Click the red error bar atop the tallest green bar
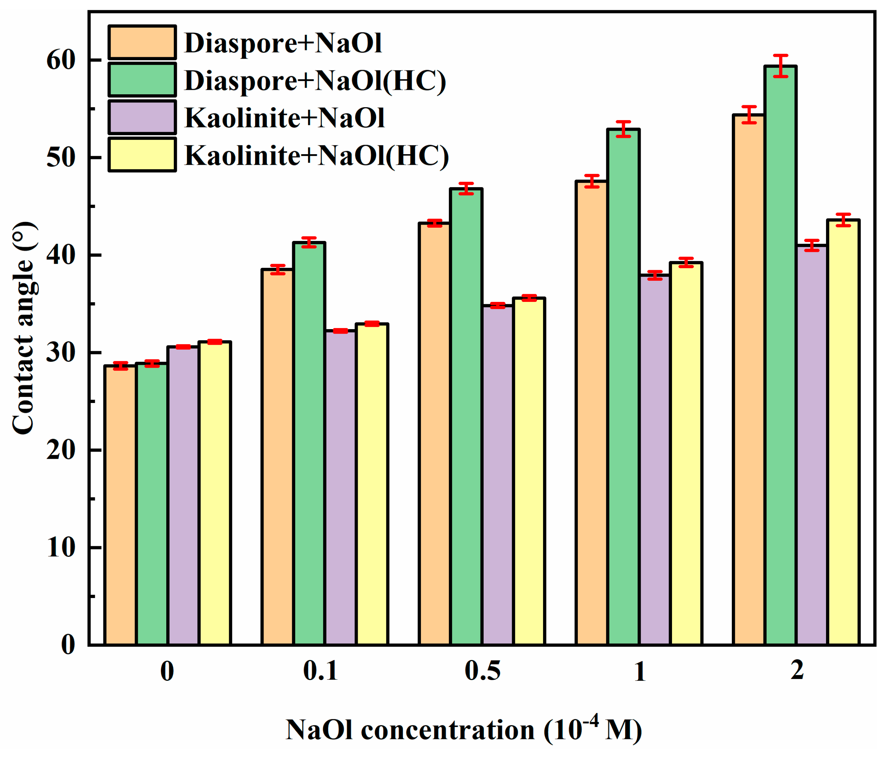pos(780,66)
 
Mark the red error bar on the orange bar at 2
pos(749,115)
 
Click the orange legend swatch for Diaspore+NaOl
pos(142,42)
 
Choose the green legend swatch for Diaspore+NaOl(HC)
pos(142,80)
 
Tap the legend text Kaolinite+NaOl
pos(284,117)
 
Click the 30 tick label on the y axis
pos(61,352)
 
